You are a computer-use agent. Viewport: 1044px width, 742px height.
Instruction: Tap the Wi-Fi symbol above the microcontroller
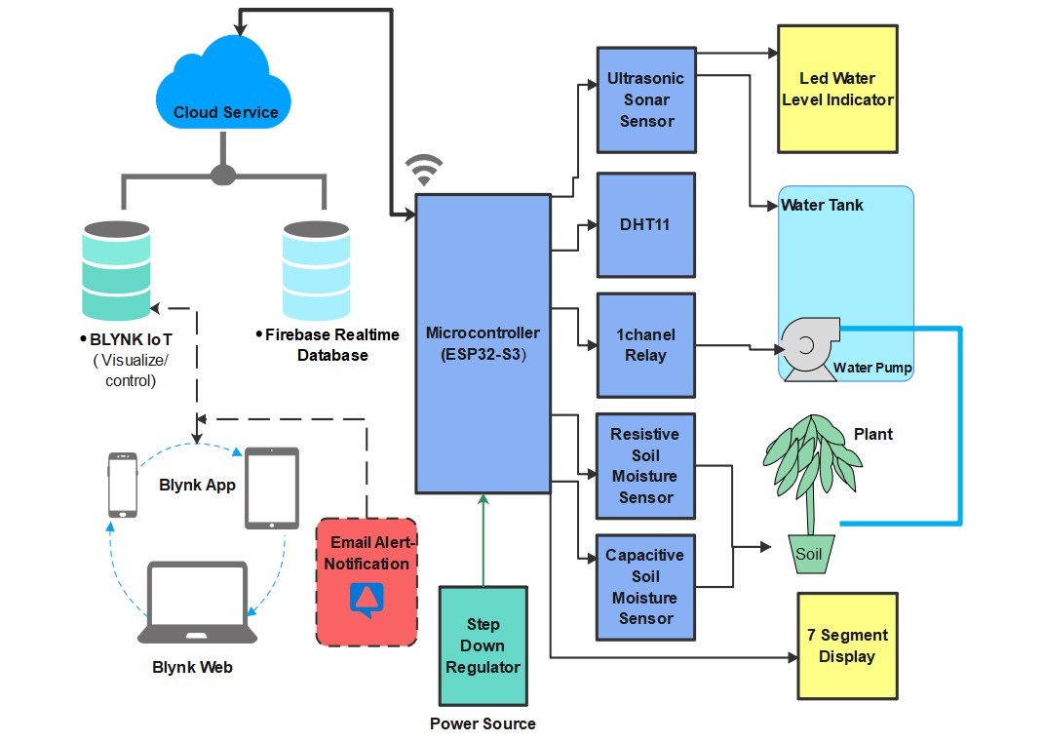click(x=422, y=170)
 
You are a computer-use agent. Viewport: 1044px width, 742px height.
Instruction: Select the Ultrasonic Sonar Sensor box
click(x=646, y=99)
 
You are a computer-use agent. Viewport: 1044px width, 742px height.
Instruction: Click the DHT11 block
click(x=645, y=225)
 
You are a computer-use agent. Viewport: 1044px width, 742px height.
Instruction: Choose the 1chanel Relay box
click(x=645, y=345)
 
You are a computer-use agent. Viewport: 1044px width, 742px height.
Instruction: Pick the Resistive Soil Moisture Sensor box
click(x=645, y=466)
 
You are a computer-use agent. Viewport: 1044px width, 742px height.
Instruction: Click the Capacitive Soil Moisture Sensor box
click(x=645, y=587)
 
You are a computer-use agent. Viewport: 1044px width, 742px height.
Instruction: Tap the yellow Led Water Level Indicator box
click(x=836, y=89)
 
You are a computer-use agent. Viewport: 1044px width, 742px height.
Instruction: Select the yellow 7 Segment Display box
click(x=846, y=645)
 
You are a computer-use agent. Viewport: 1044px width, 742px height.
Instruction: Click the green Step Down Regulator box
click(x=483, y=645)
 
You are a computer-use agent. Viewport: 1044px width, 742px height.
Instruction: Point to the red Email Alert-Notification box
click(x=367, y=582)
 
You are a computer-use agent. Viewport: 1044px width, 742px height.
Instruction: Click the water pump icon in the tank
click(x=807, y=347)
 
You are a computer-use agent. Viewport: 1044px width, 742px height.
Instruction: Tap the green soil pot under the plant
click(x=811, y=554)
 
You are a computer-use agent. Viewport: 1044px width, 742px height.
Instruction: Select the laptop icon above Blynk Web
click(x=198, y=603)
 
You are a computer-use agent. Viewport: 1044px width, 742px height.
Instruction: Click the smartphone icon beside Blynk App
click(x=123, y=485)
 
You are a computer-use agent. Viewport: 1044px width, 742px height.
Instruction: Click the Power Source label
click(x=483, y=723)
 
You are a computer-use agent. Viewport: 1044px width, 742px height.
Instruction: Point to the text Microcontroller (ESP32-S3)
click(x=483, y=343)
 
